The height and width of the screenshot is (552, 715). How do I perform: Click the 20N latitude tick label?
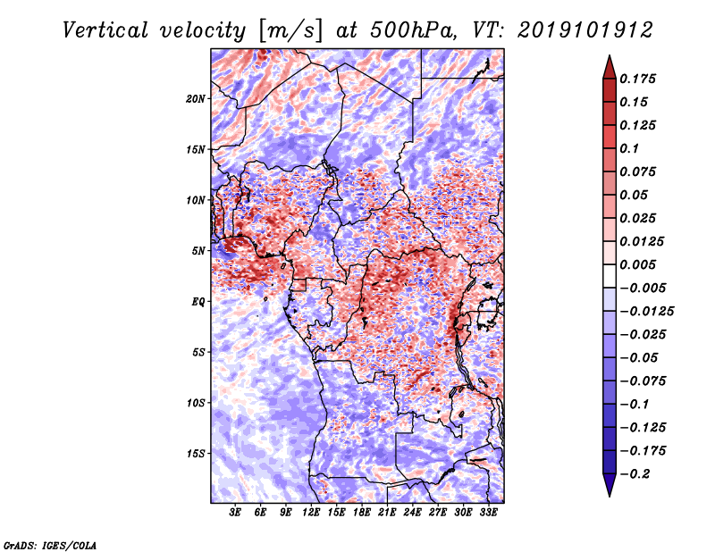point(195,99)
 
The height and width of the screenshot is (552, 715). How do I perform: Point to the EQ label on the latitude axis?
point(198,302)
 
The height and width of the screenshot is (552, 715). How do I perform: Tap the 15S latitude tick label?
point(195,454)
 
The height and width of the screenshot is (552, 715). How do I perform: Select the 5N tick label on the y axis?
point(198,251)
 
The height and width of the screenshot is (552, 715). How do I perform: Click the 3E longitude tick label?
point(235,513)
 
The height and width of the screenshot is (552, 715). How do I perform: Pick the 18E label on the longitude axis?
point(362,513)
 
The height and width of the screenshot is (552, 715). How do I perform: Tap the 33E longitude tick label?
point(488,513)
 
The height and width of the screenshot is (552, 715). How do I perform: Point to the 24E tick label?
point(412,513)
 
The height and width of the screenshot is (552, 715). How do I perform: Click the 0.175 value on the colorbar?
point(637,79)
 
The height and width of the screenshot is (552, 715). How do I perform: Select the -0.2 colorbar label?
point(635,474)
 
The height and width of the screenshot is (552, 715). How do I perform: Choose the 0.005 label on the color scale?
point(637,264)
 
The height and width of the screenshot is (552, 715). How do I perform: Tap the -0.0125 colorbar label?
point(646,312)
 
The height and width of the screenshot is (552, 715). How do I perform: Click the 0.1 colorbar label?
point(629,148)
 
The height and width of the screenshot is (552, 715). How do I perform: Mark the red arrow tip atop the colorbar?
point(610,55)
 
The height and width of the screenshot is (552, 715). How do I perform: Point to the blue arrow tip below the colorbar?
point(610,496)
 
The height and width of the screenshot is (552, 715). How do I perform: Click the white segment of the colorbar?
point(610,276)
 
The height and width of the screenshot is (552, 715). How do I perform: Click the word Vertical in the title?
point(105,30)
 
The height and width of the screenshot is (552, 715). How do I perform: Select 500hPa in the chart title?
point(412,30)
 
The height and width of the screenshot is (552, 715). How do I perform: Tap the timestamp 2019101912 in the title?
point(585,30)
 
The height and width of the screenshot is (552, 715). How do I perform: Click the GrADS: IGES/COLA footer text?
point(50,545)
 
